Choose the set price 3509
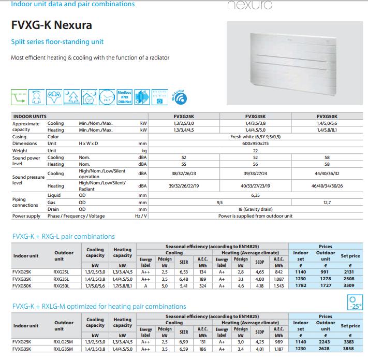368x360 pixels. click(x=350, y=285)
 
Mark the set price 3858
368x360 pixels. click(x=350, y=349)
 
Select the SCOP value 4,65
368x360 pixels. click(x=260, y=271)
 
